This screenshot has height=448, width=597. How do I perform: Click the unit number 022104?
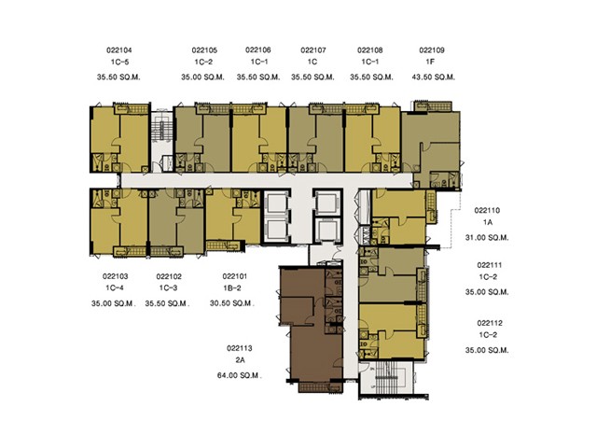(119, 49)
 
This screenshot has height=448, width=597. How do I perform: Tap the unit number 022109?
(432, 49)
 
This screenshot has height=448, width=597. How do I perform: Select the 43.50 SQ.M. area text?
(433, 77)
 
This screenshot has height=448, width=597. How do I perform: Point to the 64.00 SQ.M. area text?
(239, 375)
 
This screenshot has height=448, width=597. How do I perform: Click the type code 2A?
(240, 360)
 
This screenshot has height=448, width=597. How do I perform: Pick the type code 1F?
(430, 62)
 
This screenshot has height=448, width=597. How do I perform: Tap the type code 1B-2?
(232, 288)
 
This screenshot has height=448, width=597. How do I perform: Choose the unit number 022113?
(240, 348)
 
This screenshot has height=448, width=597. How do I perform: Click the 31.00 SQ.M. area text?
(487, 237)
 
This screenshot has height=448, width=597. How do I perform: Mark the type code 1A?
(488, 222)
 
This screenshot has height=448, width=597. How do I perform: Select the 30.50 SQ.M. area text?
(232, 303)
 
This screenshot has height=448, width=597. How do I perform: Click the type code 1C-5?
(119, 62)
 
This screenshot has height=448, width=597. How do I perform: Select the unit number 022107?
(313, 49)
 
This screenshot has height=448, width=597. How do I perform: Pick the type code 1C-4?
(115, 288)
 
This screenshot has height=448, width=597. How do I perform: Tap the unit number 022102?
(169, 276)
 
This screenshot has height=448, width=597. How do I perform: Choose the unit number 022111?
(489, 265)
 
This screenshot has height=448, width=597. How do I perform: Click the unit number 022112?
(489, 323)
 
